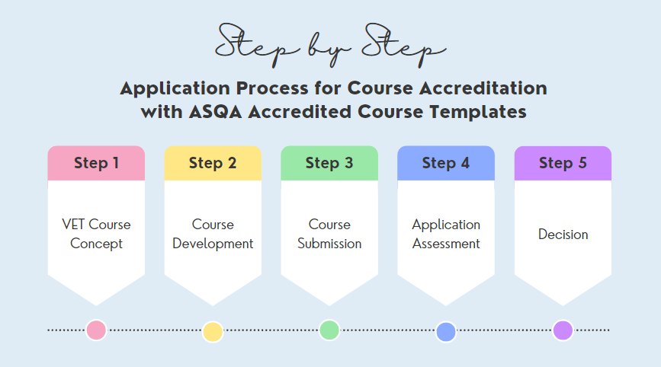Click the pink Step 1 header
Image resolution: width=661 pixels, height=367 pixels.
96,163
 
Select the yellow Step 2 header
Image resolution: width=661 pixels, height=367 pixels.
213,163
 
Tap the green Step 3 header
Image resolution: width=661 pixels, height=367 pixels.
329,163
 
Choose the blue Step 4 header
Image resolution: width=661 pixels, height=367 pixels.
446,163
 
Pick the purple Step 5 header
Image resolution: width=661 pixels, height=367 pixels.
563,163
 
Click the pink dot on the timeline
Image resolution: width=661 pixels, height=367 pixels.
96,330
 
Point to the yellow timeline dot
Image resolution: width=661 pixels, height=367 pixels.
213,332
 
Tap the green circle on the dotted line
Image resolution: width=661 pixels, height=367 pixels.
329,330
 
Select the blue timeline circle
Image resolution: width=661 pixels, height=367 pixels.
446,332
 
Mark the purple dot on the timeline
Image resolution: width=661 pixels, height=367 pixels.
563,330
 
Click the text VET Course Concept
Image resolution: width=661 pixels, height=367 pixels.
96,234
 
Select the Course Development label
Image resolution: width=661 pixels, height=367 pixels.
213,234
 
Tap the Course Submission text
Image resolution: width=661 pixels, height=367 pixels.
329,234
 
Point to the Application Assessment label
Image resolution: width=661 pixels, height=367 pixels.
446,234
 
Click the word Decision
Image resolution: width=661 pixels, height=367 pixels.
563,235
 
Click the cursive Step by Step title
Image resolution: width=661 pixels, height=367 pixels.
331,46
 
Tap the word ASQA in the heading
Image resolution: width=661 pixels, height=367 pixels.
215,113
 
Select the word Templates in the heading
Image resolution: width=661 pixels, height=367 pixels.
478,113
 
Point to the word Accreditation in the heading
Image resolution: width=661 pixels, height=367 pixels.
483,88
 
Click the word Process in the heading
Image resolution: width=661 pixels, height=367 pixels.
272,88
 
